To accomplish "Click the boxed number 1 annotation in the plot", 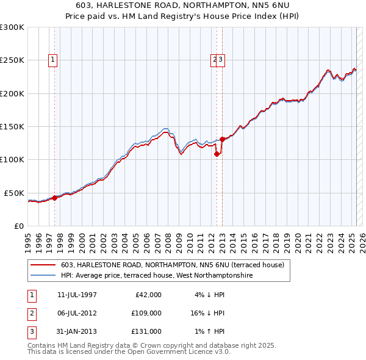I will (54, 60).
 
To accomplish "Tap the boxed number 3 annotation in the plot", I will (221, 60).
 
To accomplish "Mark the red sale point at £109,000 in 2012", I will (217, 154).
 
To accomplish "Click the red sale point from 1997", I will (54, 198).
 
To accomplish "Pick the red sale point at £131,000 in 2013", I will (223, 139).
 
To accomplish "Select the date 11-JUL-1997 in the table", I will (77, 295).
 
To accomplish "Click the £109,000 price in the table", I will (146, 313).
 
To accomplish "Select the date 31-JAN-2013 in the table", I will (77, 331).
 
